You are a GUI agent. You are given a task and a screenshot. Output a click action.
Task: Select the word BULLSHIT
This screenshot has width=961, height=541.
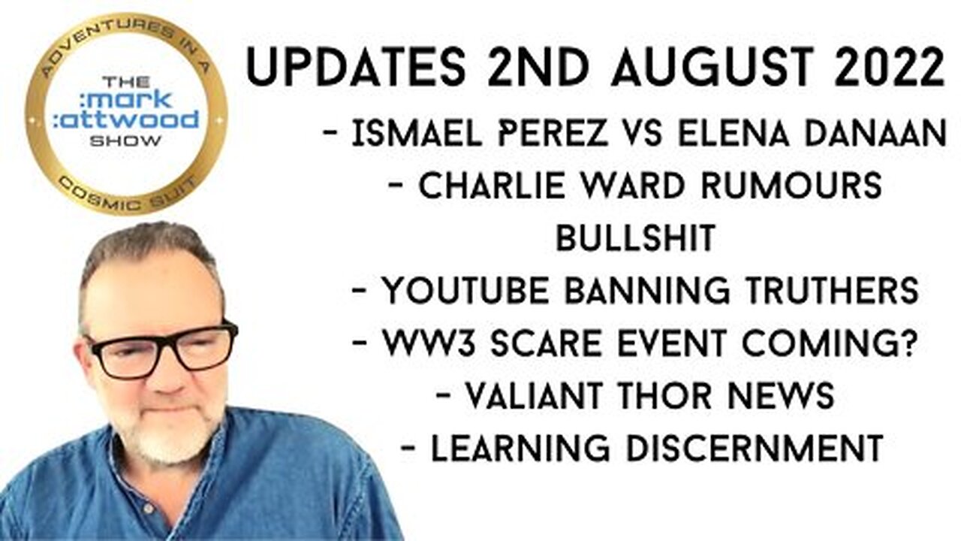click(x=634, y=239)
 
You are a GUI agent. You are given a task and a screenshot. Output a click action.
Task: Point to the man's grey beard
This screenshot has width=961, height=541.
click(x=169, y=443)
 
